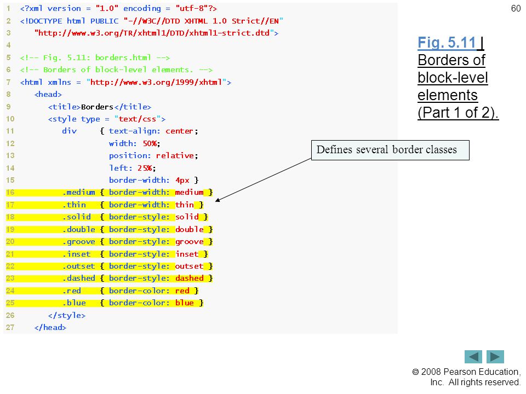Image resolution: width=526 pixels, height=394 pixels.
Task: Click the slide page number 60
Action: point(516,8)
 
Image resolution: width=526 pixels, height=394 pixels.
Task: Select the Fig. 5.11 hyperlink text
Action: point(447,43)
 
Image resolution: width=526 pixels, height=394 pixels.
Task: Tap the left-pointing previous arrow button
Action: point(473,357)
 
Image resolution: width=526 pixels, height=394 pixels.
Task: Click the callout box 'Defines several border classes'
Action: point(390,150)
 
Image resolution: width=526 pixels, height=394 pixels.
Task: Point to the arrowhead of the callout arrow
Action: point(218,200)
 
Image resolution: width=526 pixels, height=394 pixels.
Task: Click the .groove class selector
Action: point(78,242)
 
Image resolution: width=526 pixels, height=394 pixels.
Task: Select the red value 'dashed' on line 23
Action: point(189,279)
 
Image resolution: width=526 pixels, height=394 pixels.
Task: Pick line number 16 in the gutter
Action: point(10,192)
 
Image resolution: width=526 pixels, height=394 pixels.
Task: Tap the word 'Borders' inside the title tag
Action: point(97,107)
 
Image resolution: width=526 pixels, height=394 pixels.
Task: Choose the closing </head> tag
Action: point(50,327)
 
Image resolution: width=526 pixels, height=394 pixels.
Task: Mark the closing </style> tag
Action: point(67,315)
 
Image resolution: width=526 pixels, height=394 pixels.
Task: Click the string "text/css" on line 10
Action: point(137,119)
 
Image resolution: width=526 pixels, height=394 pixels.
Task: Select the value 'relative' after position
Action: point(175,156)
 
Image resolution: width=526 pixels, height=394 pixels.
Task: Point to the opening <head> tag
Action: point(48,95)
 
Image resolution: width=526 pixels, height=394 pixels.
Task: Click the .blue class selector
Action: point(74,303)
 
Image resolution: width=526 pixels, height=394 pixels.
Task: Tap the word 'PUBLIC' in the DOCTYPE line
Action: point(104,21)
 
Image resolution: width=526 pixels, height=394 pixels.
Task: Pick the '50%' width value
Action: point(150,144)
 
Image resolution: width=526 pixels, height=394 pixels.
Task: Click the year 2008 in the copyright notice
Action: point(431,372)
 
